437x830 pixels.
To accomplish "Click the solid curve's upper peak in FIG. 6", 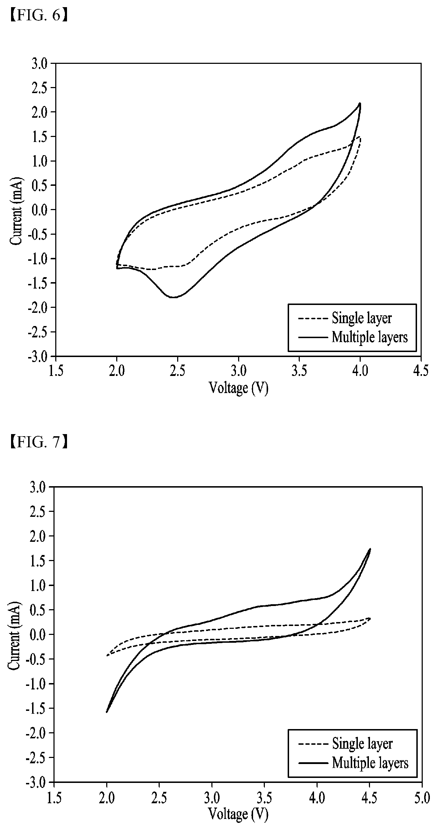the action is point(360,103).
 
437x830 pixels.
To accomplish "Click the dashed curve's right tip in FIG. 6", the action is point(361,138).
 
